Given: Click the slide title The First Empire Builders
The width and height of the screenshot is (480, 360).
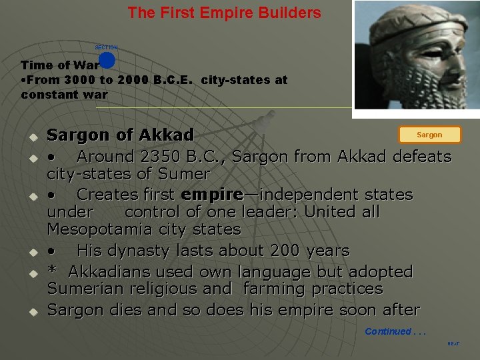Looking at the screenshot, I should click(224, 13).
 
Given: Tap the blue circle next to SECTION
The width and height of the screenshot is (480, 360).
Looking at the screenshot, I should click(107, 60).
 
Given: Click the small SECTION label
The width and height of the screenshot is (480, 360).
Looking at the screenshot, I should click(106, 47).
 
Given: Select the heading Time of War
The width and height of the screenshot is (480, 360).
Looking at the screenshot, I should click(59, 65).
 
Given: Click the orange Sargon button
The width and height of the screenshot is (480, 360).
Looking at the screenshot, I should click(429, 135).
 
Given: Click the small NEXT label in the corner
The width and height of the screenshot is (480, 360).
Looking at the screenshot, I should click(453, 344).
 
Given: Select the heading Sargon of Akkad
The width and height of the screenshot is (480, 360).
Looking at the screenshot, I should click(120, 135).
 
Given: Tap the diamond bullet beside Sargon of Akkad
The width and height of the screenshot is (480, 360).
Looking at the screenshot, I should click(31, 137).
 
